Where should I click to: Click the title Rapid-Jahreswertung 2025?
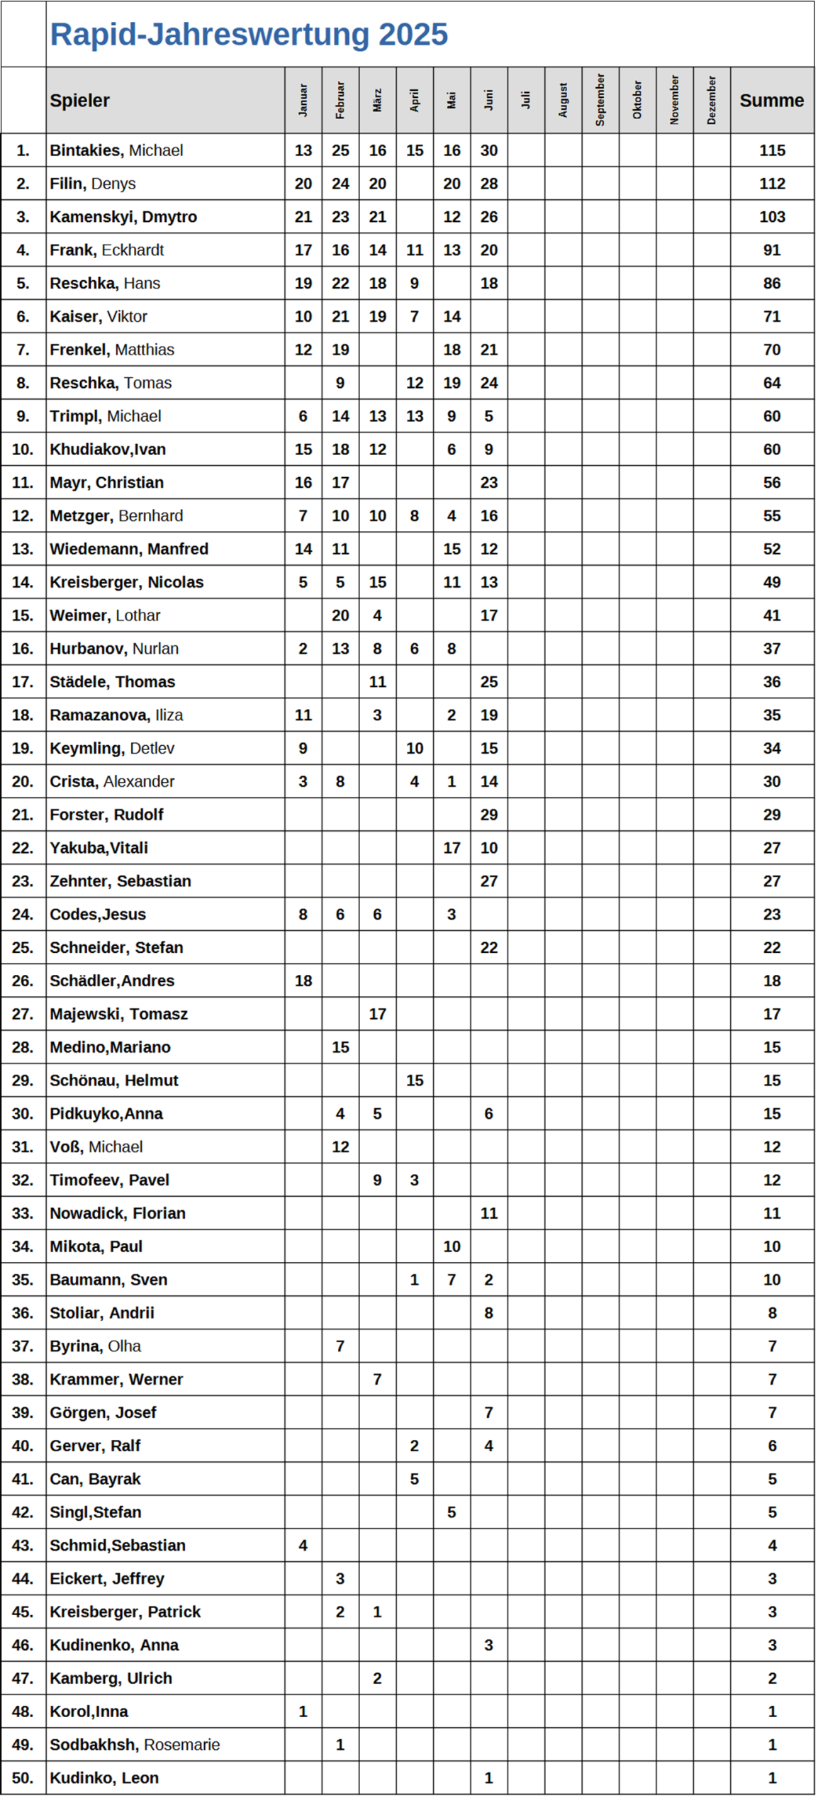click(249, 34)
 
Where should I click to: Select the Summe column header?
click(771, 101)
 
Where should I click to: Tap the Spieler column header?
click(79, 101)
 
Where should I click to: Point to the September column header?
click(600, 100)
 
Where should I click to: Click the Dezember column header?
click(712, 100)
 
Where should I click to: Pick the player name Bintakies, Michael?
click(116, 150)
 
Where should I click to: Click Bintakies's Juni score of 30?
click(488, 150)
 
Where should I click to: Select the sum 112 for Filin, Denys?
click(771, 184)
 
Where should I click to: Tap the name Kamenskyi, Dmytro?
click(123, 217)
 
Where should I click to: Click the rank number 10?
click(23, 449)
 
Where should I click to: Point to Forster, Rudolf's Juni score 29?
click(488, 815)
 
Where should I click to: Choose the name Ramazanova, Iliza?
click(116, 715)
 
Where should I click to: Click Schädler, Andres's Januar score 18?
click(303, 981)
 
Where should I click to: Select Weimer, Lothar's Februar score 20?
click(340, 615)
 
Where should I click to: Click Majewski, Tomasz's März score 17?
click(377, 1014)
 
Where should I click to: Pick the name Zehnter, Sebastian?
click(121, 881)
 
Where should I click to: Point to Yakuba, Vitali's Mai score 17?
click(452, 848)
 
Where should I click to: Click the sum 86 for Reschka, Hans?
click(771, 284)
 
